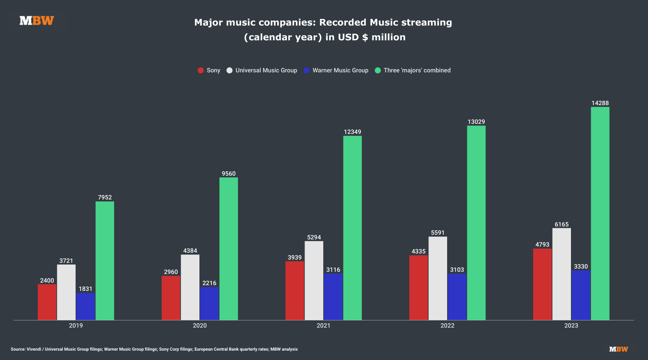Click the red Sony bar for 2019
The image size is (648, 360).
point(47,302)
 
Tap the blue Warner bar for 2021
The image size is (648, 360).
point(333,297)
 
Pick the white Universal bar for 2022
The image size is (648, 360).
point(438,278)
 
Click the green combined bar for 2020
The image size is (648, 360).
point(229,249)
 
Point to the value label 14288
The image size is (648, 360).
point(600,103)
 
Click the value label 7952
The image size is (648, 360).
point(105,198)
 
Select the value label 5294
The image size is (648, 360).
point(314,238)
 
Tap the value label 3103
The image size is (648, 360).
point(457,270)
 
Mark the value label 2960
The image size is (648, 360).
point(171,272)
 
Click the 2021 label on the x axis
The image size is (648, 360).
point(323,326)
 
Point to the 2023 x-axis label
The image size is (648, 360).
point(571,326)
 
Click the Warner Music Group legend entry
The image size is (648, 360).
point(336,71)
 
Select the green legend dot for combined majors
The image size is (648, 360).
point(378,71)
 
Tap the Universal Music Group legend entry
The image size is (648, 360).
point(262,71)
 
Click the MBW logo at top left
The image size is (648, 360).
point(37,21)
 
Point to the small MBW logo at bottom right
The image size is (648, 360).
point(618,349)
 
